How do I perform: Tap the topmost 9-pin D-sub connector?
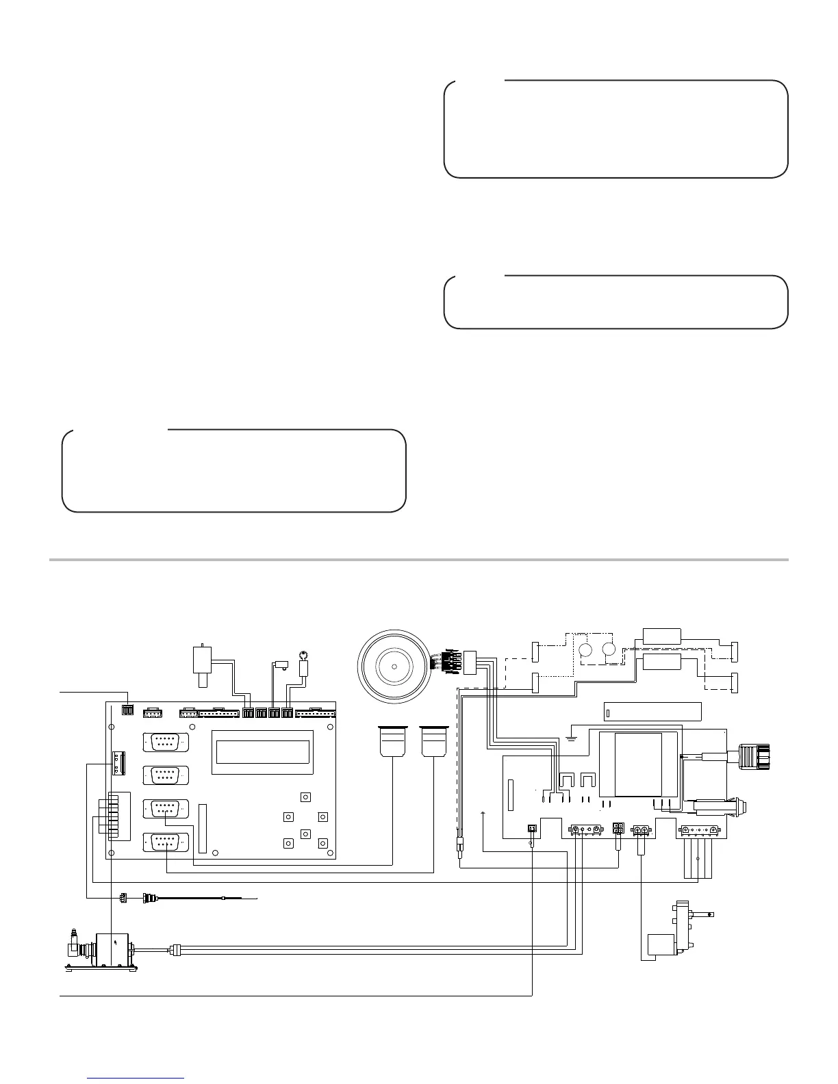coord(165,743)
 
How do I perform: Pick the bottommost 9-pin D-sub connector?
coord(165,842)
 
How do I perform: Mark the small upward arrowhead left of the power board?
coord(483,813)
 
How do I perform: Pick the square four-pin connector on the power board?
coord(618,829)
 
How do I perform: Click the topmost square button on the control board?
coord(305,797)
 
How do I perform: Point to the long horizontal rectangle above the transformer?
coord(652,712)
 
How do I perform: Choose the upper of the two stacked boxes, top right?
coord(661,636)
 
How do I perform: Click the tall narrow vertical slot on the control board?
coord(202,828)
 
